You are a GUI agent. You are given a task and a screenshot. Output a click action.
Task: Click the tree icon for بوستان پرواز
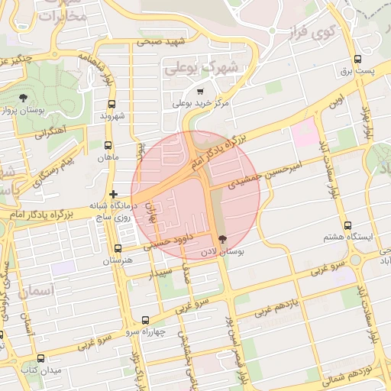click(x=24, y=97)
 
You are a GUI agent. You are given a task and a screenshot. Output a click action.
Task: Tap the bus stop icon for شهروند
click(x=112, y=104)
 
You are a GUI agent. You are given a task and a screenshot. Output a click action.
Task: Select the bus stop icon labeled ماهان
click(x=108, y=144)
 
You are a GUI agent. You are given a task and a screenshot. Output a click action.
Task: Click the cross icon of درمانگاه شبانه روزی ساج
click(x=113, y=195)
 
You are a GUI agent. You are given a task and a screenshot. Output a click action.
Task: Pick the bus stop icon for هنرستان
click(x=117, y=248)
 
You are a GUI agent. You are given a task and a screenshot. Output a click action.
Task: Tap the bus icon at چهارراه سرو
click(x=145, y=320)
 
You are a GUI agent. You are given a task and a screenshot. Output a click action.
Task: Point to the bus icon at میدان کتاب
click(x=40, y=358)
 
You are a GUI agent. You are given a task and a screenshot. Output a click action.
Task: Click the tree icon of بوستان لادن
click(x=222, y=239)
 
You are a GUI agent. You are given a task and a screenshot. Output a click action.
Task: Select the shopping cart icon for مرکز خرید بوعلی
click(x=200, y=91)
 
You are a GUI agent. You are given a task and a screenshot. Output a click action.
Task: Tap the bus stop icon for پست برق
click(x=357, y=59)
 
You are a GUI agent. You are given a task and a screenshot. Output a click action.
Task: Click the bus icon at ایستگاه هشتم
click(x=348, y=225)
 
